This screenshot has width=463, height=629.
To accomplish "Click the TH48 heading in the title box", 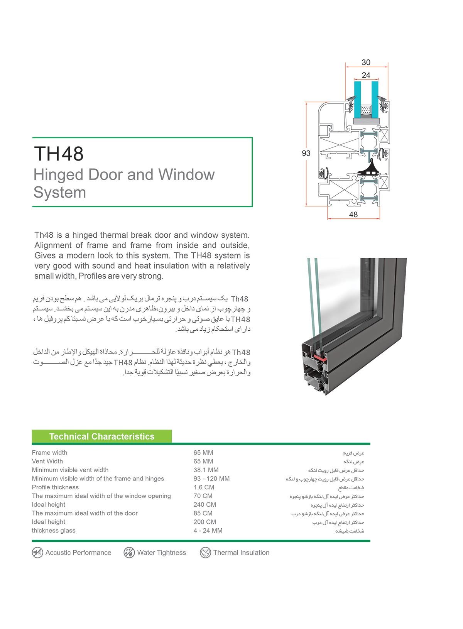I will click(x=59, y=154).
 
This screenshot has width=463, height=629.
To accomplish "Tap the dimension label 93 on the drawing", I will click(x=306, y=153).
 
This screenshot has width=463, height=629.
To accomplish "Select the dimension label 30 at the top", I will click(x=366, y=63).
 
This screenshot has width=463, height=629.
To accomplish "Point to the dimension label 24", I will click(x=366, y=75).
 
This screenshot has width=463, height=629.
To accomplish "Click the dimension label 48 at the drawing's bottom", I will click(x=353, y=215).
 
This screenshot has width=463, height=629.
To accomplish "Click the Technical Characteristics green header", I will click(x=102, y=436).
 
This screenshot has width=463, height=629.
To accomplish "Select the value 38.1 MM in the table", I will click(x=206, y=470).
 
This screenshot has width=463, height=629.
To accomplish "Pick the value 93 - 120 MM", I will click(x=211, y=479).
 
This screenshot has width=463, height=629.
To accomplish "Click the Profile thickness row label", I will click(x=55, y=487).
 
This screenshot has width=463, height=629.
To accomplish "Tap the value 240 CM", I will click(x=204, y=505).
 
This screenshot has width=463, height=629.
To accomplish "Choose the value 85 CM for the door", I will click(x=203, y=513).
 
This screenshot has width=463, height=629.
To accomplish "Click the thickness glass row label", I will click(x=54, y=531).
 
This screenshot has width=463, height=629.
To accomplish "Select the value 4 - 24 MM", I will click(x=208, y=531).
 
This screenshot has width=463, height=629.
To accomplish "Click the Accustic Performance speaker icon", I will click(x=37, y=553).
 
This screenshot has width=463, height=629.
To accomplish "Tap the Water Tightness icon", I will click(x=129, y=553).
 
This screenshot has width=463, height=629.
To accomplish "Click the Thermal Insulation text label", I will click(x=241, y=553).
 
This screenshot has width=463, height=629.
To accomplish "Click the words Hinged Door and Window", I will click(x=124, y=175).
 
